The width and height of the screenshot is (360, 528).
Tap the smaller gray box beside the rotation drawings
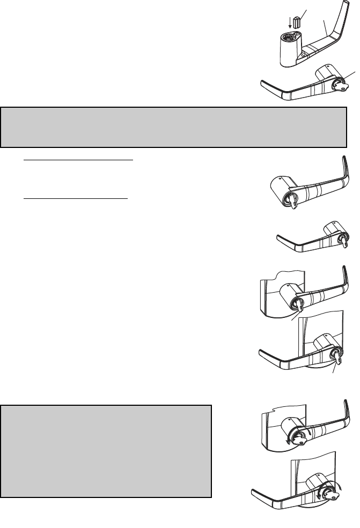coord(106,451)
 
